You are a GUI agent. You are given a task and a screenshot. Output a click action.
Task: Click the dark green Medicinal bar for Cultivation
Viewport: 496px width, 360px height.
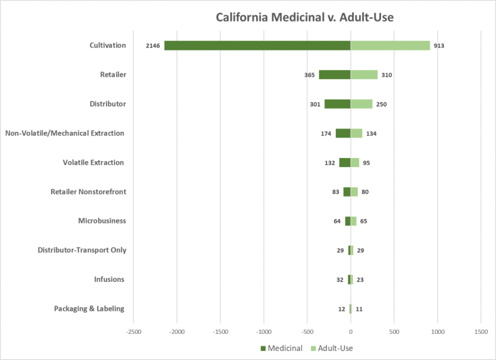pyautogui.click(x=257, y=46)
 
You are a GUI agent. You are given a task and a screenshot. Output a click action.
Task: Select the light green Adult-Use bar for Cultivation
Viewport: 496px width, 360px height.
pyautogui.click(x=390, y=46)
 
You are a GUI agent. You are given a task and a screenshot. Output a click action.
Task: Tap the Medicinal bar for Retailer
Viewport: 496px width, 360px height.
pyautogui.click(x=334, y=75)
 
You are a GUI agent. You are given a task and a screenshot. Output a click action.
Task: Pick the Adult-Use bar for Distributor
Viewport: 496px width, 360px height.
pyautogui.click(x=361, y=104)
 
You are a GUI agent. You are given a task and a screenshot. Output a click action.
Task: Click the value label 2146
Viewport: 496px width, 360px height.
pyautogui.click(x=153, y=46)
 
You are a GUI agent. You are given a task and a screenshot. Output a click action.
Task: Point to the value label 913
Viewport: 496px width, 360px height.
pyautogui.click(x=439, y=46)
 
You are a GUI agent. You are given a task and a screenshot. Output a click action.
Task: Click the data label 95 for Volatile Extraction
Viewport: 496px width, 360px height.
pyautogui.click(x=366, y=163)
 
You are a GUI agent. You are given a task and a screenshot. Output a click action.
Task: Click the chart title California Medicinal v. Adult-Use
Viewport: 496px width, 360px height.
pyautogui.click(x=305, y=17)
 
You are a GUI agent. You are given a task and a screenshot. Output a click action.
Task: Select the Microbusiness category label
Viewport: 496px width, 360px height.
pyautogui.click(x=102, y=221)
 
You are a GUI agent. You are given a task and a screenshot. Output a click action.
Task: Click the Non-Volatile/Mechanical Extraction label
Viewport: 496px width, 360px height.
pyautogui.click(x=64, y=133)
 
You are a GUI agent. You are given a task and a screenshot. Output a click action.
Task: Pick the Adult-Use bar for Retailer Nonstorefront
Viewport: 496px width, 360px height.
pyautogui.click(x=354, y=192)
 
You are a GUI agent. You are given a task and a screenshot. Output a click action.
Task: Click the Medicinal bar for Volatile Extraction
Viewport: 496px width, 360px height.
pyautogui.click(x=344, y=163)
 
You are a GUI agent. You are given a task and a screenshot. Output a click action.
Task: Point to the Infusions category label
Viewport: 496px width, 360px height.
pyautogui.click(x=109, y=280)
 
